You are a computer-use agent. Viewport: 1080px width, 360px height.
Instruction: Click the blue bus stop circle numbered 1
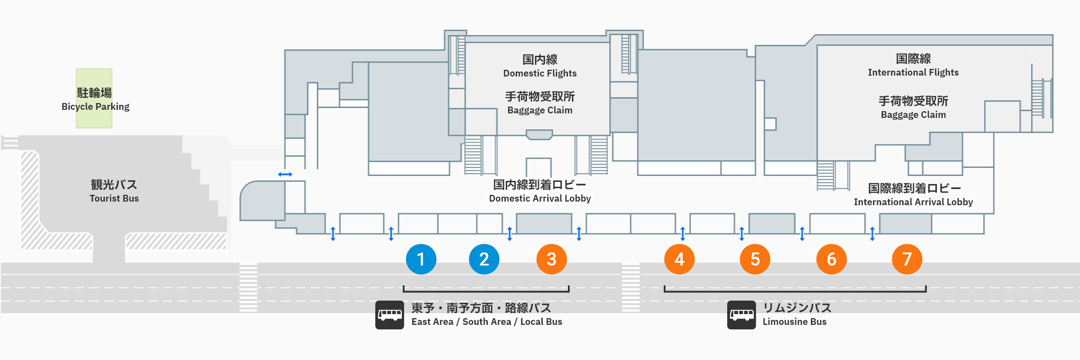421,259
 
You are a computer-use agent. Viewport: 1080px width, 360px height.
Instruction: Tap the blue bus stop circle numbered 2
484,259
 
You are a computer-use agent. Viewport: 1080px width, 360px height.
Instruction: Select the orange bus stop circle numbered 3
551,259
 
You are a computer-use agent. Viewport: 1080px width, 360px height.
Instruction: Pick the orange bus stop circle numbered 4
679,259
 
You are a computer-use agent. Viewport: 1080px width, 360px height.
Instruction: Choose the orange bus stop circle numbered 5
755,259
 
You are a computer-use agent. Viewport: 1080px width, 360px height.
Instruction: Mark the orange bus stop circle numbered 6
831,259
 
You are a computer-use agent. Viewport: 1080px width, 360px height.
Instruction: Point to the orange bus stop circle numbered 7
907,259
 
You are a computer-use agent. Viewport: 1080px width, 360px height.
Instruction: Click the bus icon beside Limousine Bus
741,315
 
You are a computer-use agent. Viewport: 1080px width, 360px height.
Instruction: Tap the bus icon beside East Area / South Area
390,315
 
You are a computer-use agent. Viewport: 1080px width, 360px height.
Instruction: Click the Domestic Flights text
540,73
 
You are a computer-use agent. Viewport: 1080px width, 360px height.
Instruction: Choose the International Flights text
913,72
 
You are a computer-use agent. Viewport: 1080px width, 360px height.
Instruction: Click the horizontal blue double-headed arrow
285,174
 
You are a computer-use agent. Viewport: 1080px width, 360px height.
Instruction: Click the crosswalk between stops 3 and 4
630,288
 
